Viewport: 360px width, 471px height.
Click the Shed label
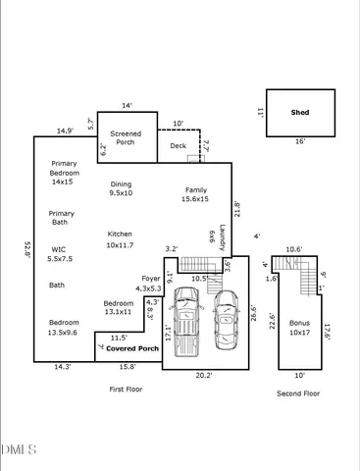(x=300, y=113)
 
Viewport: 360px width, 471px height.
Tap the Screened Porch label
(x=127, y=138)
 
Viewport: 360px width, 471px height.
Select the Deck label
(x=178, y=146)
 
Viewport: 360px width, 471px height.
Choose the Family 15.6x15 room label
(x=194, y=194)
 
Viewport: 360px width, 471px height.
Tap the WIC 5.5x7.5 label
(x=62, y=254)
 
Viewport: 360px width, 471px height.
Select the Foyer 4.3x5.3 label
(x=151, y=284)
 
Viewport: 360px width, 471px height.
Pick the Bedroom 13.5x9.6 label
(x=64, y=327)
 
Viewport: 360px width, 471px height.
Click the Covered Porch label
(x=132, y=348)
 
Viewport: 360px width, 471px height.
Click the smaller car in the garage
(x=227, y=317)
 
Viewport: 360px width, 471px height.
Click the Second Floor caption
(x=299, y=393)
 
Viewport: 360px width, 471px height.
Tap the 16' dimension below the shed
(x=300, y=141)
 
